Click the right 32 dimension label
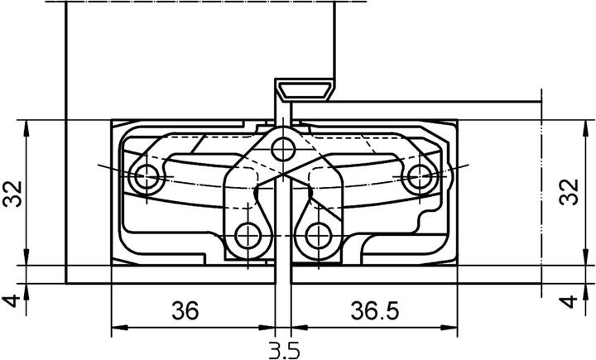569,195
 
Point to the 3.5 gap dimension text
283,349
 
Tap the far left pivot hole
147,176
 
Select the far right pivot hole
421,176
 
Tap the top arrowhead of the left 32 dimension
29,127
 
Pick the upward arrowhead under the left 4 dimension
29,290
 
